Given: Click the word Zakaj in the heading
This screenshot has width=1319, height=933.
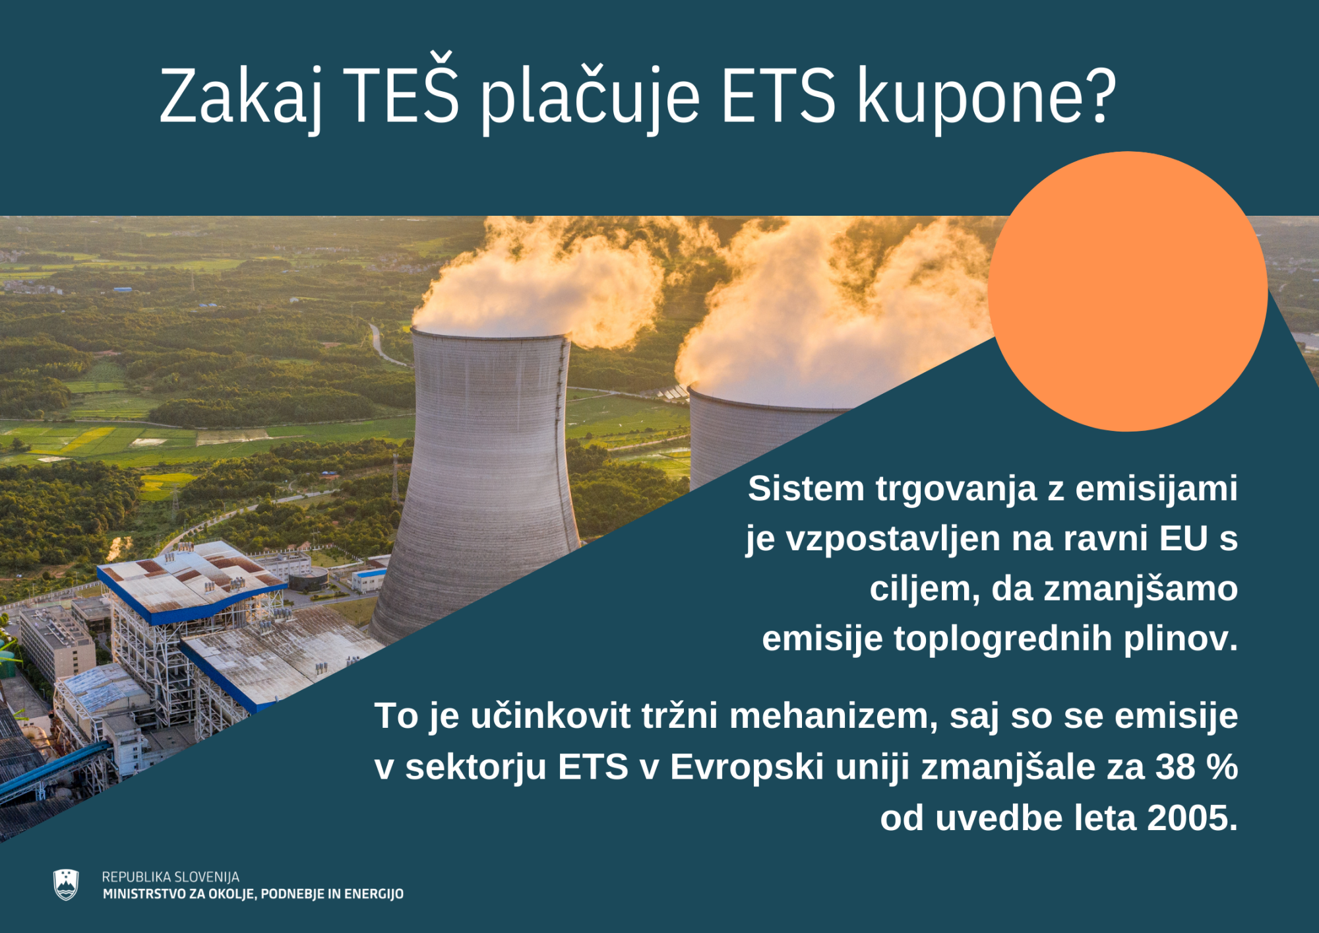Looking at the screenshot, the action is (241, 96).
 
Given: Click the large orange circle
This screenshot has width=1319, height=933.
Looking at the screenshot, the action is (1127, 291).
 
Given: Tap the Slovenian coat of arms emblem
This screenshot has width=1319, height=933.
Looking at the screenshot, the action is (66, 885).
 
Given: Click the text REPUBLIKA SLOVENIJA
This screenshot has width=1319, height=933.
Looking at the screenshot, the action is (170, 877).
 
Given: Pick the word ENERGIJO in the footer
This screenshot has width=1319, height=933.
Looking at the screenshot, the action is (374, 894).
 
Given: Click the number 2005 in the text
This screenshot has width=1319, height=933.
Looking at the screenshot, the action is (1188, 818).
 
